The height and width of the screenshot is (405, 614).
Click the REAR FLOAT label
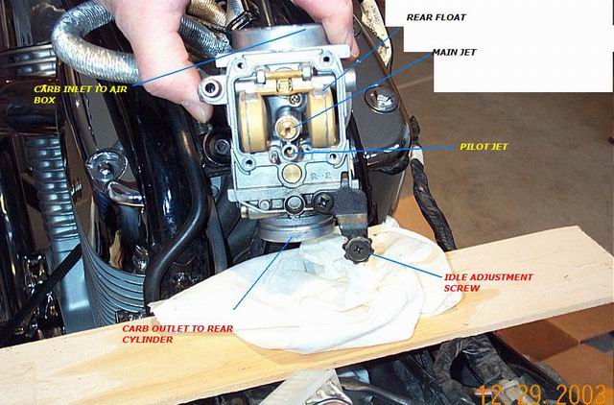(436, 17)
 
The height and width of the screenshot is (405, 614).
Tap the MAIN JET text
(454, 52)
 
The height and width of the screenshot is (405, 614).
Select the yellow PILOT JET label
(484, 147)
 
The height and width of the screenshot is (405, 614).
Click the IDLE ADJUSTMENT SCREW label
(488, 282)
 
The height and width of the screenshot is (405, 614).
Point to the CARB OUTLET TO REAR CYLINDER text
(177, 334)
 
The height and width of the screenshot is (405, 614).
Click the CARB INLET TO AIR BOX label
(81, 94)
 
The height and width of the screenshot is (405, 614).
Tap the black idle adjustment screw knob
(358, 250)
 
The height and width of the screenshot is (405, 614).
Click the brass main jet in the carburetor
(286, 126)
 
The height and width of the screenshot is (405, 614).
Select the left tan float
(251, 122)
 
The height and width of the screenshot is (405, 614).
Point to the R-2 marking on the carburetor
(320, 176)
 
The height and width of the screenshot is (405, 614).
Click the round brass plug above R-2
(292, 174)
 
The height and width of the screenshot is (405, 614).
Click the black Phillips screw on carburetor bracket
(324, 202)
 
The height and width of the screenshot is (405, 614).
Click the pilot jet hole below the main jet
(290, 152)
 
